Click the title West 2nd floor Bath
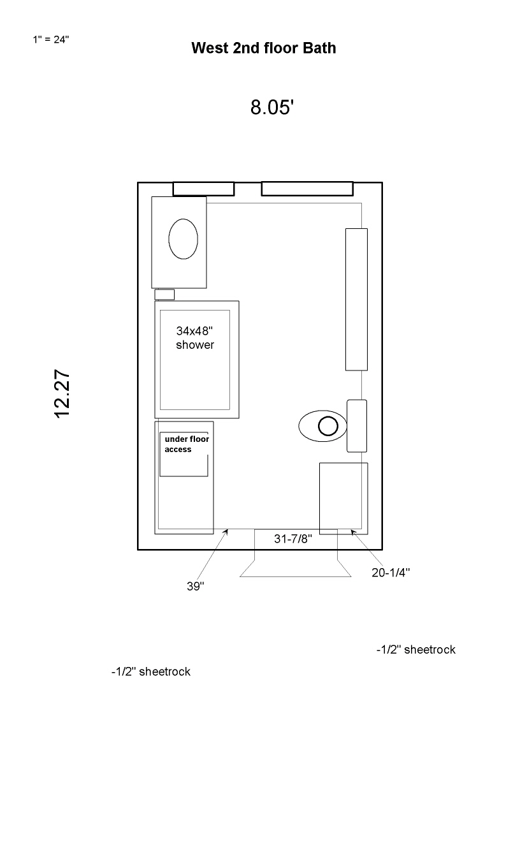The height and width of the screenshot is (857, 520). coord(263,48)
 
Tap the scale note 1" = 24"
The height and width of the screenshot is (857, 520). coord(51,40)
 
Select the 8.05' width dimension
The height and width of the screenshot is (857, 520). coord(272,107)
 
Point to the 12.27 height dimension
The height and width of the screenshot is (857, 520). coord(62,393)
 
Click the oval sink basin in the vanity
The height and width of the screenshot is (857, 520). coord(183,239)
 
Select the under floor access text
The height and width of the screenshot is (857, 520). coord(187,444)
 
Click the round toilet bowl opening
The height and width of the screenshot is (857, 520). coord(328,426)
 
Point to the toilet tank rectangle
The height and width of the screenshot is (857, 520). coord(357,426)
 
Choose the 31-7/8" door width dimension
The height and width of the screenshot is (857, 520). coord(293,539)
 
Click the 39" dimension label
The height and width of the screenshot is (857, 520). coord(196,586)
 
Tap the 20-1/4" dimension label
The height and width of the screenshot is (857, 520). coord(391,573)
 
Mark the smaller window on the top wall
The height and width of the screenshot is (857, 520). coord(203,189)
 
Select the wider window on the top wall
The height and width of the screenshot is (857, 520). coord(307,189)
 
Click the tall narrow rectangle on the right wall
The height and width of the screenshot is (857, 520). coord(356,300)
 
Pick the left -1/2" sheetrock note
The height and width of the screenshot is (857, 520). coord(150,671)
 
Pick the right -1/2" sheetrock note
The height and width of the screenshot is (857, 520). coord(416,649)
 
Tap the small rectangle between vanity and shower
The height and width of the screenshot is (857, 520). coord(164,295)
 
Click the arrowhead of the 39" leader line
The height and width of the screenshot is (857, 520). coord(227,531)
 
